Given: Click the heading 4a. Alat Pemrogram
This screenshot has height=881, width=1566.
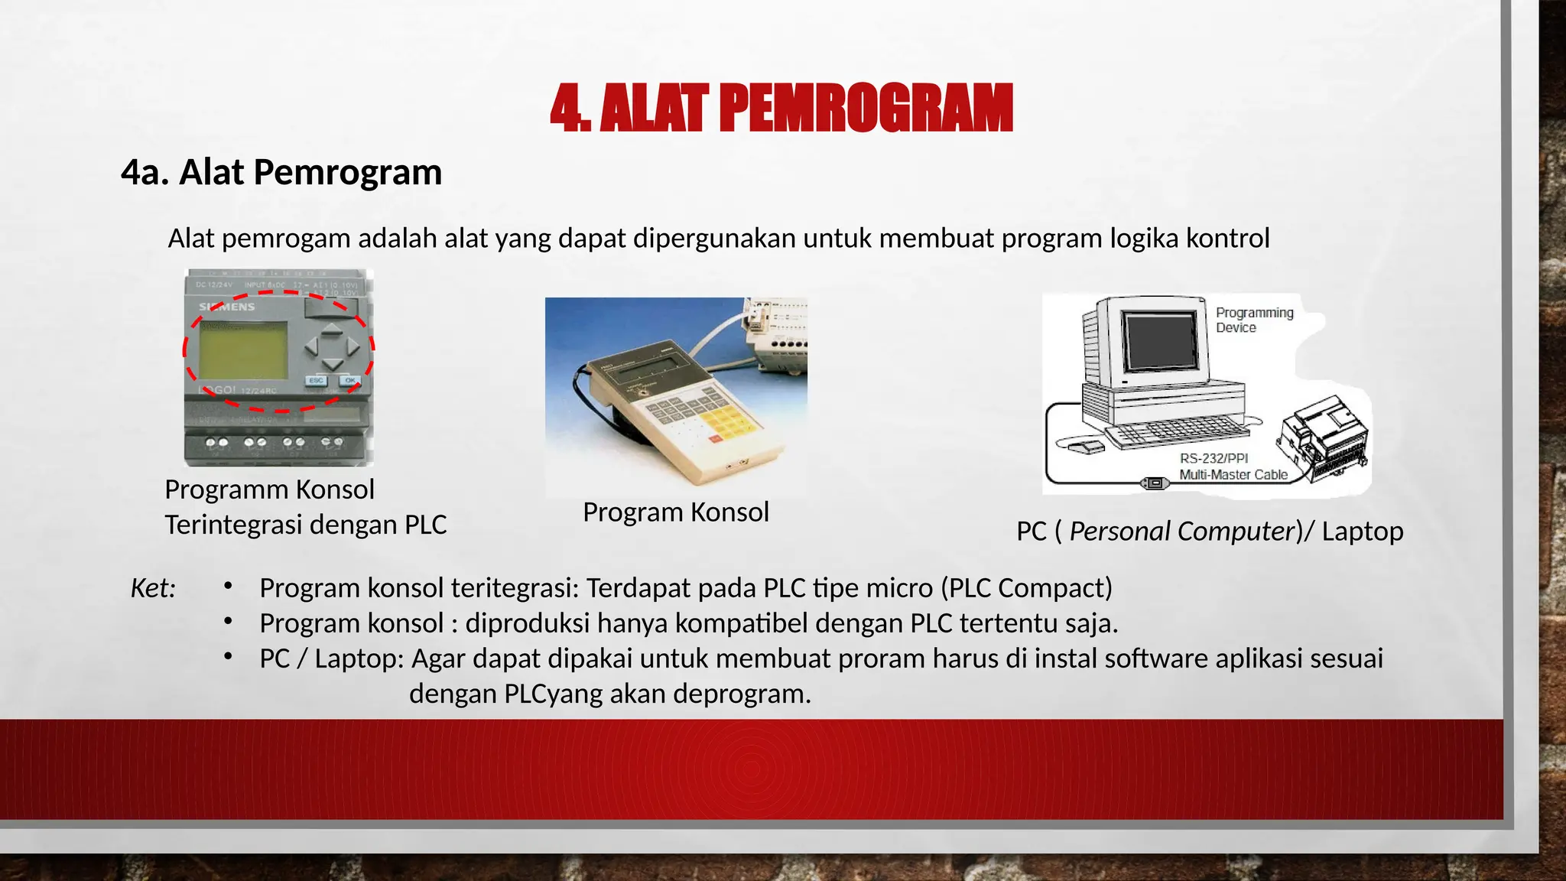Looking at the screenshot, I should click(281, 172).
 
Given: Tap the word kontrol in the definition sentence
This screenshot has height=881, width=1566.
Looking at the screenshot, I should click(1227, 239).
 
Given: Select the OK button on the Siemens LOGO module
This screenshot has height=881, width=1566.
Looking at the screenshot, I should click(350, 380).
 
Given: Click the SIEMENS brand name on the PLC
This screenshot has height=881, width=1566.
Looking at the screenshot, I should click(227, 307).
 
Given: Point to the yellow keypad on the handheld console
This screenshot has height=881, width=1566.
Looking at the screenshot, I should click(723, 421).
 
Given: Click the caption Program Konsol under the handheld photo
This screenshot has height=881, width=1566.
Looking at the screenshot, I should click(675, 512).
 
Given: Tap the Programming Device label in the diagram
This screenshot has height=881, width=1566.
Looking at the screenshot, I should click(1254, 320).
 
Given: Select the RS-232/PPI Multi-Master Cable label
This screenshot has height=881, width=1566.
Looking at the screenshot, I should click(1232, 467).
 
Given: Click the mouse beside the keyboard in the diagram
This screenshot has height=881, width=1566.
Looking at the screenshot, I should click(1087, 447).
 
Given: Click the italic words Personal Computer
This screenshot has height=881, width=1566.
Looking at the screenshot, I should click(1181, 532).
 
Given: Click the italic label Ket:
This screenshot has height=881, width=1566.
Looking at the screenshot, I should click(153, 588).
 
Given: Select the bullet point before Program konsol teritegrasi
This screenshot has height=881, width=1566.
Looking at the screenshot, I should click(228, 587).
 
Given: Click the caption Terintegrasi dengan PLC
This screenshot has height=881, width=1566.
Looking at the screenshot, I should click(305, 525).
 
